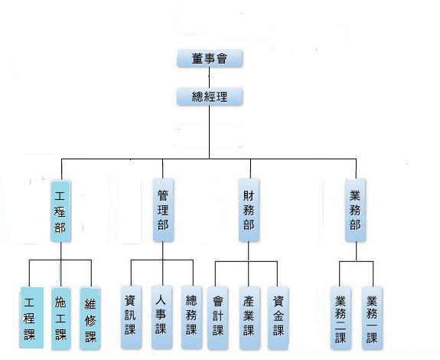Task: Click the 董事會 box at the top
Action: tap(210, 58)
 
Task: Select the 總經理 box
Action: tap(210, 97)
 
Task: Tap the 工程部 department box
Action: tap(60, 211)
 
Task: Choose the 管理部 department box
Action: tap(163, 210)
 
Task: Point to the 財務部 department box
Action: tap(249, 210)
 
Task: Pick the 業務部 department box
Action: tap(355, 210)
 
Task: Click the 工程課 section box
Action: tap(31, 318)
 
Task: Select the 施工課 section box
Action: tap(60, 319)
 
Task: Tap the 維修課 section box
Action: tap(90, 319)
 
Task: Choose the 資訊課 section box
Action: tap(131, 317)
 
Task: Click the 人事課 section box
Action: tap(161, 317)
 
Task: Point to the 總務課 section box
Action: tap(191, 317)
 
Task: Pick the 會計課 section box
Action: tap(218, 318)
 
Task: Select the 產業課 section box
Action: tap(249, 318)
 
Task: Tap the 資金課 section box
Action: tap(278, 318)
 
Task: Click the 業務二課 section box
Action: tap(341, 318)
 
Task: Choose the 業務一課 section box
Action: tap(372, 318)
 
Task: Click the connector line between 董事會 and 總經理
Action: tap(210, 77)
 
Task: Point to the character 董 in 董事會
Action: tap(198, 59)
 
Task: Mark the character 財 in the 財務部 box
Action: tap(249, 196)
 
